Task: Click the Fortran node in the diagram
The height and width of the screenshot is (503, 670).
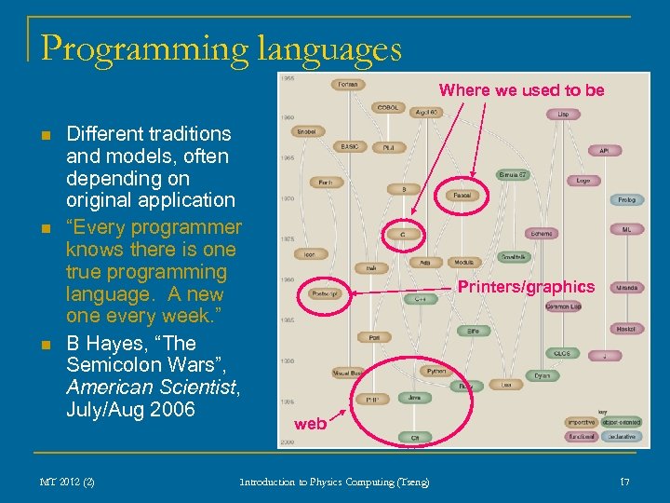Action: pos(347,84)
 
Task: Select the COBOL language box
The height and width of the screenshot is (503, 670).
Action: pos(388,107)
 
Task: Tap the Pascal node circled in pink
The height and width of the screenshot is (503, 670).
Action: pos(462,196)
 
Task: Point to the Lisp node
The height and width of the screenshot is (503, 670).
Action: pos(563,114)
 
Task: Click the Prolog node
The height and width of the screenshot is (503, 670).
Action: pos(626,199)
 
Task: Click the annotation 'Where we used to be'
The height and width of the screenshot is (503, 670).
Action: pos(521,89)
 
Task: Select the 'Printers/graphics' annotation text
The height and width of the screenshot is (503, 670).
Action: pos(526,287)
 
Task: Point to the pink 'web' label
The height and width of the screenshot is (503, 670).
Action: pos(310,424)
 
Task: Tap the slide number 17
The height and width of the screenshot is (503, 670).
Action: pos(624,482)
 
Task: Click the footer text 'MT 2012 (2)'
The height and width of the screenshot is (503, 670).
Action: pos(67,482)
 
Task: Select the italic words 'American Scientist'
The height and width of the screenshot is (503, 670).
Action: pos(153,387)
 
